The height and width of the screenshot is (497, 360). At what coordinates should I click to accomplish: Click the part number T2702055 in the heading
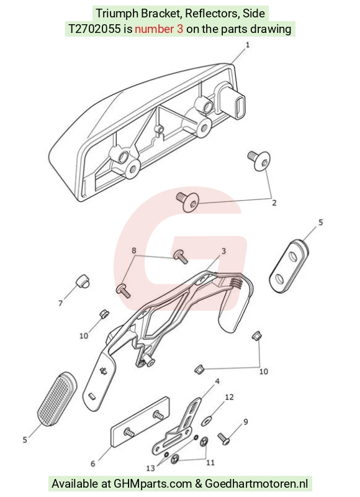95,29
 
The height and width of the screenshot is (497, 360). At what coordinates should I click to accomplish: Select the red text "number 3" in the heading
159,29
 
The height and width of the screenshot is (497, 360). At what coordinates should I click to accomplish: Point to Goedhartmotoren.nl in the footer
256,484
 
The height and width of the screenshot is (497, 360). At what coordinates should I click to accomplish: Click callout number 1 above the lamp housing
247,45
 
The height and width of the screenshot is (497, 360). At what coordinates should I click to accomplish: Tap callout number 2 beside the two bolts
274,203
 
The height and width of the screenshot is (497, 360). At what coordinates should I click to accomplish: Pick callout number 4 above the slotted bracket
217,381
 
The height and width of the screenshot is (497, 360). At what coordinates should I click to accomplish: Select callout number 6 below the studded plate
92,463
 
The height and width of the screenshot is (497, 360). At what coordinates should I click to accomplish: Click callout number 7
60,303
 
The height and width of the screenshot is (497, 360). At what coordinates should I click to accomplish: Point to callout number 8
134,250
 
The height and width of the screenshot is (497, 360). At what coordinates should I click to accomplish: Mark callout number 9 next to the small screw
246,422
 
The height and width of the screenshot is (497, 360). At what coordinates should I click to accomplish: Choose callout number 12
229,397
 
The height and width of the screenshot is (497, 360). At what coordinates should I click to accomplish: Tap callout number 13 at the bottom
151,468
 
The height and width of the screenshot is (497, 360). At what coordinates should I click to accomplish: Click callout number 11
210,463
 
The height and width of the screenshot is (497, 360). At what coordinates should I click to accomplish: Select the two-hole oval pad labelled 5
289,266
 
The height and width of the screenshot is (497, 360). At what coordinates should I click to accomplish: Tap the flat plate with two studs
140,422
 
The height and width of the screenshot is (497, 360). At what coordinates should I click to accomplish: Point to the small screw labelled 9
224,439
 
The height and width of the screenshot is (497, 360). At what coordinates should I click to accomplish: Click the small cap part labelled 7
83,281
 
